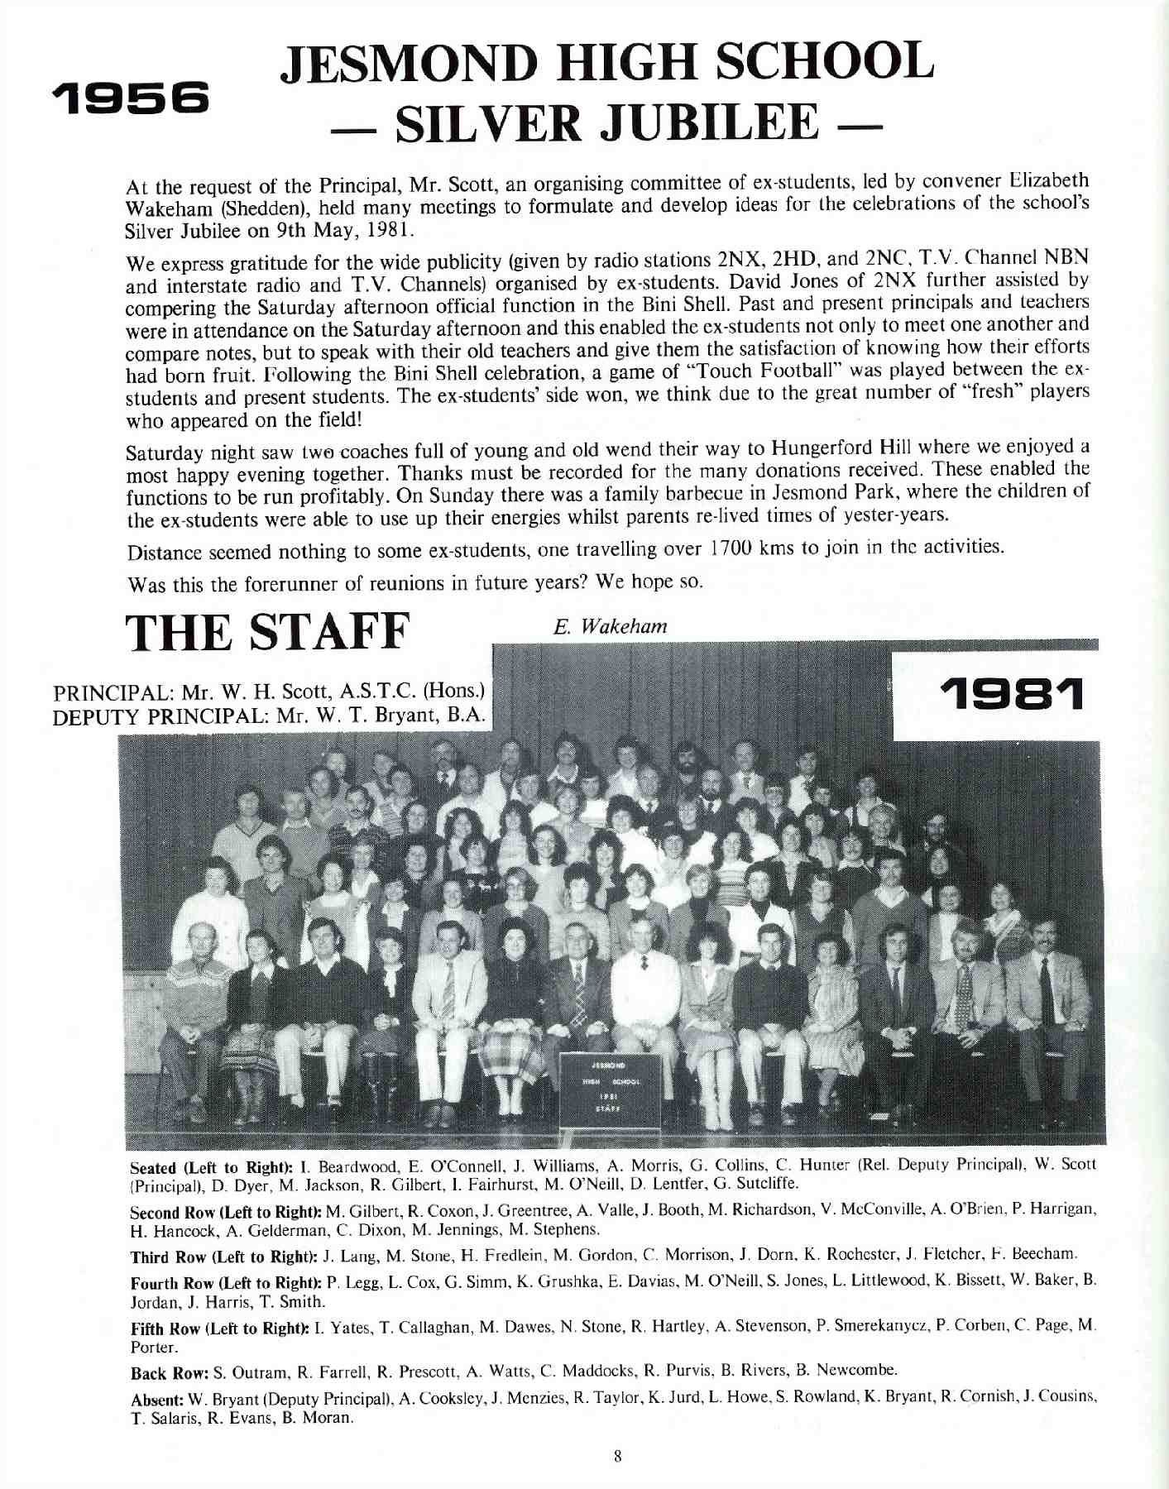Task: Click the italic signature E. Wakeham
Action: tap(611, 626)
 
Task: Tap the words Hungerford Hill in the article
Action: tap(844, 448)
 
